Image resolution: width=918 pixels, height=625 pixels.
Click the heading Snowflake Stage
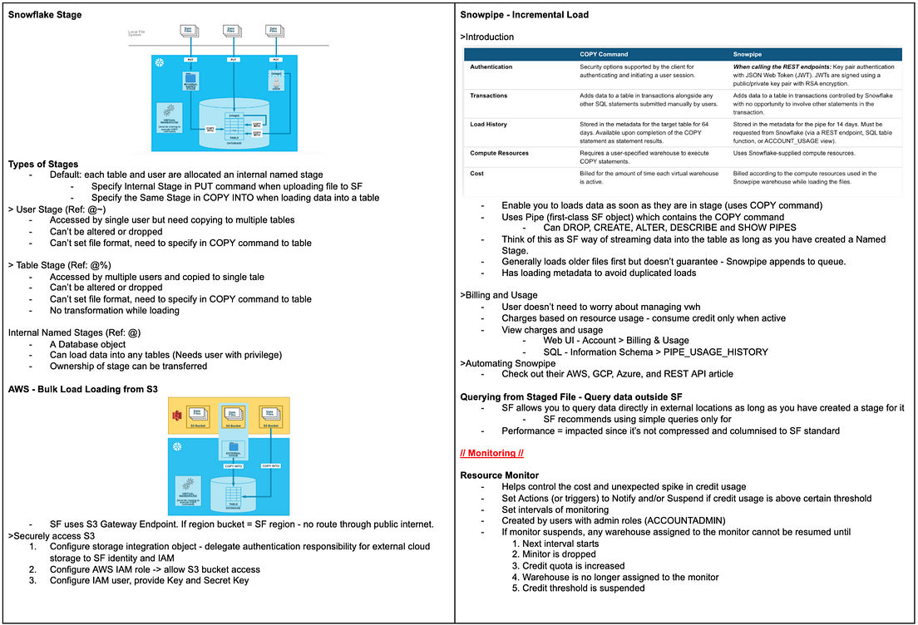click(45, 15)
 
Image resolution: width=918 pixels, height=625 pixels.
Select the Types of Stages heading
click(43, 164)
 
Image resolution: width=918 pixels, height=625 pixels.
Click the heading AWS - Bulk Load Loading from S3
click(82, 389)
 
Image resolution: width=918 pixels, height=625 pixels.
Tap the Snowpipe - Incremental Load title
click(524, 15)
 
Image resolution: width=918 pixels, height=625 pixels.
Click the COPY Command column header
click(604, 54)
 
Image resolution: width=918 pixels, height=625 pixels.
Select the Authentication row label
click(491, 66)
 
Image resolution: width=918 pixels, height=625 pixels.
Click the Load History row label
click(488, 125)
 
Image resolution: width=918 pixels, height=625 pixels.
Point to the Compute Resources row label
click(499, 153)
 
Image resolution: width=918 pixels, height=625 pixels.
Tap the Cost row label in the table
click(478, 174)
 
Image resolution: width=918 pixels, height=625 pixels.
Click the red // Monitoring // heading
click(491, 454)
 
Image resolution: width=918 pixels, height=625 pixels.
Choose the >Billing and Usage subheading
click(499, 295)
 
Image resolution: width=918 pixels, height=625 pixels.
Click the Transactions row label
click(489, 96)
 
